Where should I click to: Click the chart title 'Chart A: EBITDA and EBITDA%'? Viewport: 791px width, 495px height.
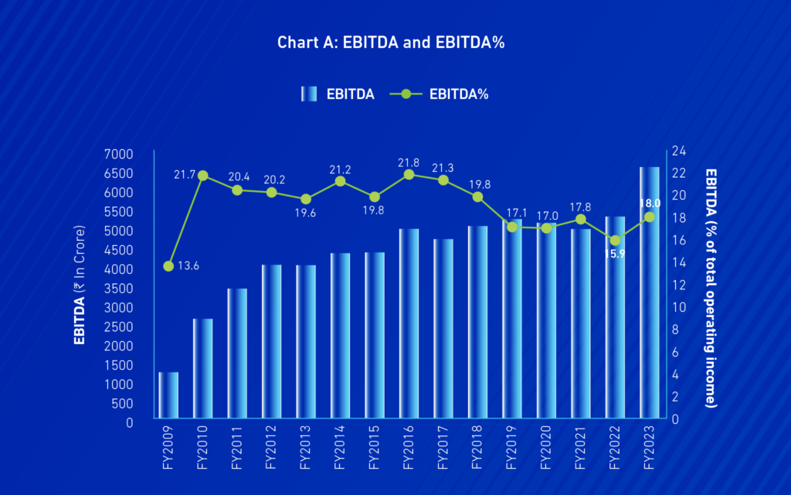tap(391, 43)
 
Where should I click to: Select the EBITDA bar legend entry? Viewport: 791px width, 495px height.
tap(338, 94)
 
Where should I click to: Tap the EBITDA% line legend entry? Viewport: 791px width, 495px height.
tap(440, 94)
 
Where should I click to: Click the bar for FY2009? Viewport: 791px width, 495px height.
tap(168, 397)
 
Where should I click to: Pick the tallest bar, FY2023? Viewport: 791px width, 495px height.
tap(649, 294)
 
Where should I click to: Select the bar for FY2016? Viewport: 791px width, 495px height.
tap(409, 325)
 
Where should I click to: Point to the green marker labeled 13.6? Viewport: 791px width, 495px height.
tap(168, 266)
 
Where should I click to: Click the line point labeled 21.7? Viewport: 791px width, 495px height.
tap(203, 176)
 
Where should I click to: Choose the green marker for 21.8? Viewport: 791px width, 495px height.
tap(409, 174)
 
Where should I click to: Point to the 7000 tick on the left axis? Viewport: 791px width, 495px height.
tap(118, 155)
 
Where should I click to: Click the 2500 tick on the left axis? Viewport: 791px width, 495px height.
tap(118, 327)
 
